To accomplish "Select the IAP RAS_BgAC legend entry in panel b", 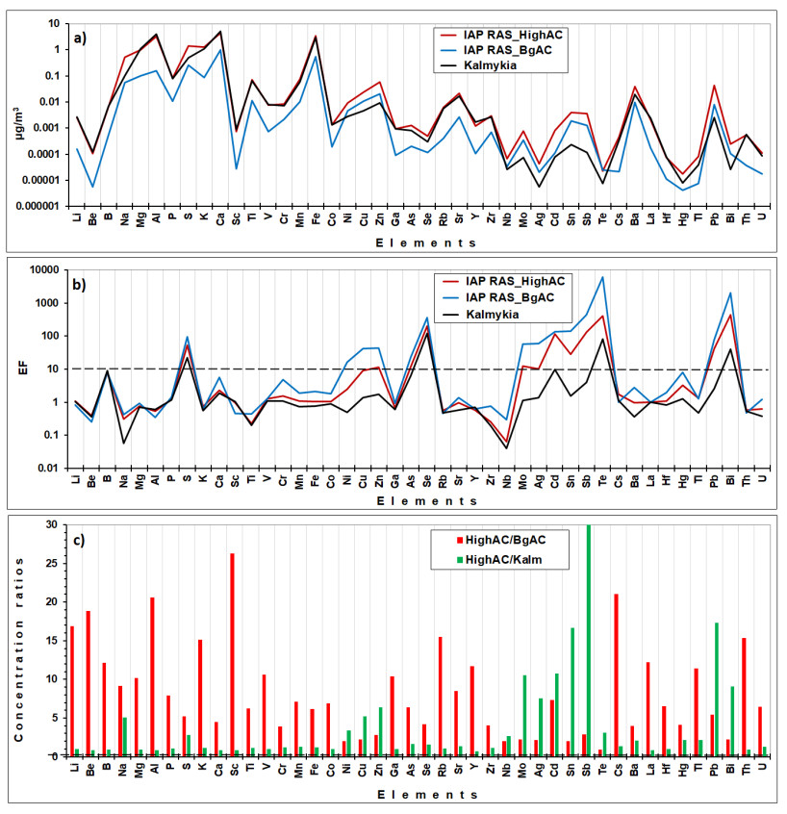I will click(x=520, y=298).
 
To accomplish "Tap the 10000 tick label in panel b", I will click(x=43, y=270).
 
